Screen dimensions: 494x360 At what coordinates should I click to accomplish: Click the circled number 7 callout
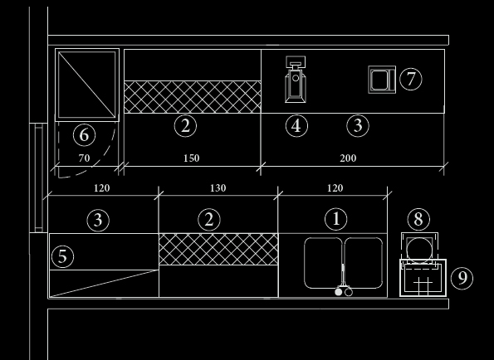pos(411,79)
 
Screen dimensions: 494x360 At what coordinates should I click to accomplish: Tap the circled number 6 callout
pos(85,135)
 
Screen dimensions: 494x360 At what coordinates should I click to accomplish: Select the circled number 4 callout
pos(296,126)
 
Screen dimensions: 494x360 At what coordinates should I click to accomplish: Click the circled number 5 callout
pos(62,257)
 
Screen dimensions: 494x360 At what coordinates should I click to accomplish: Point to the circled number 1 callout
pos(336,219)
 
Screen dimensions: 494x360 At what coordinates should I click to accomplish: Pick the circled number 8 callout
pos(418,219)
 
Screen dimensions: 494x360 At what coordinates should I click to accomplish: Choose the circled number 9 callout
pos(462,278)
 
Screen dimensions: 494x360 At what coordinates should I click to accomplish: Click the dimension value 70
pos(84,158)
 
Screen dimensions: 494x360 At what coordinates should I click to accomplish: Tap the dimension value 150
pos(192,158)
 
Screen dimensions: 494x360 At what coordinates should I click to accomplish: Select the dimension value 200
pos(348,158)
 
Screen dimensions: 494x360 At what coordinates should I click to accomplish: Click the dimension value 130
pos(218,188)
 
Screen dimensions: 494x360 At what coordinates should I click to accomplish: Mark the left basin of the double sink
pos(323,263)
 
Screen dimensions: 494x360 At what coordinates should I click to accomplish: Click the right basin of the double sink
pos(364,263)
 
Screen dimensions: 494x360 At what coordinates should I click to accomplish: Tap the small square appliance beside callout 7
pos(382,80)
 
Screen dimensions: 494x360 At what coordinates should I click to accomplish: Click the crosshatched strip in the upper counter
pos(193,97)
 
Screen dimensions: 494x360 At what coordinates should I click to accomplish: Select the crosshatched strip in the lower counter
pos(218,249)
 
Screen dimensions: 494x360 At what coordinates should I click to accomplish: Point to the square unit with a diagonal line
pos(87,85)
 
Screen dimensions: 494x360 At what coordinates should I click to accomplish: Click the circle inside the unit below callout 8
pos(419,249)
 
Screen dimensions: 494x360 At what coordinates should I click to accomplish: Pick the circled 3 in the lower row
pos(98,220)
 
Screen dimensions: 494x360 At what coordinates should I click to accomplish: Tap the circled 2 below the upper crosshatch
pos(185,126)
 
